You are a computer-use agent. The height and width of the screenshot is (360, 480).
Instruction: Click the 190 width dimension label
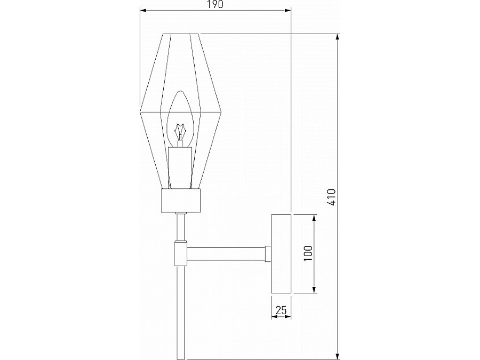[215, 5]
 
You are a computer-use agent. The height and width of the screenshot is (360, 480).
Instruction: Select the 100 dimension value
[308, 253]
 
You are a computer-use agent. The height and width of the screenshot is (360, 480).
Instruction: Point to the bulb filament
[180, 130]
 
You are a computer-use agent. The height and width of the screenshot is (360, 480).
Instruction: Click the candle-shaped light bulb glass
[180, 115]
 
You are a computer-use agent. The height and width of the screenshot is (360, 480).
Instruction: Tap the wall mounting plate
[281, 254]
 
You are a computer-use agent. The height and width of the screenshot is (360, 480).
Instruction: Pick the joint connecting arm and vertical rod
[180, 254]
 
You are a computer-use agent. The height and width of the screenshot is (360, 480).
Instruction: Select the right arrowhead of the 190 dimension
[287, 10]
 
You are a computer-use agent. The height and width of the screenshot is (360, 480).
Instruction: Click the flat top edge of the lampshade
[180, 34]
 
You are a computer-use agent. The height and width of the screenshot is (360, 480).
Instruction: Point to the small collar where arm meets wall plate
[268, 254]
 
